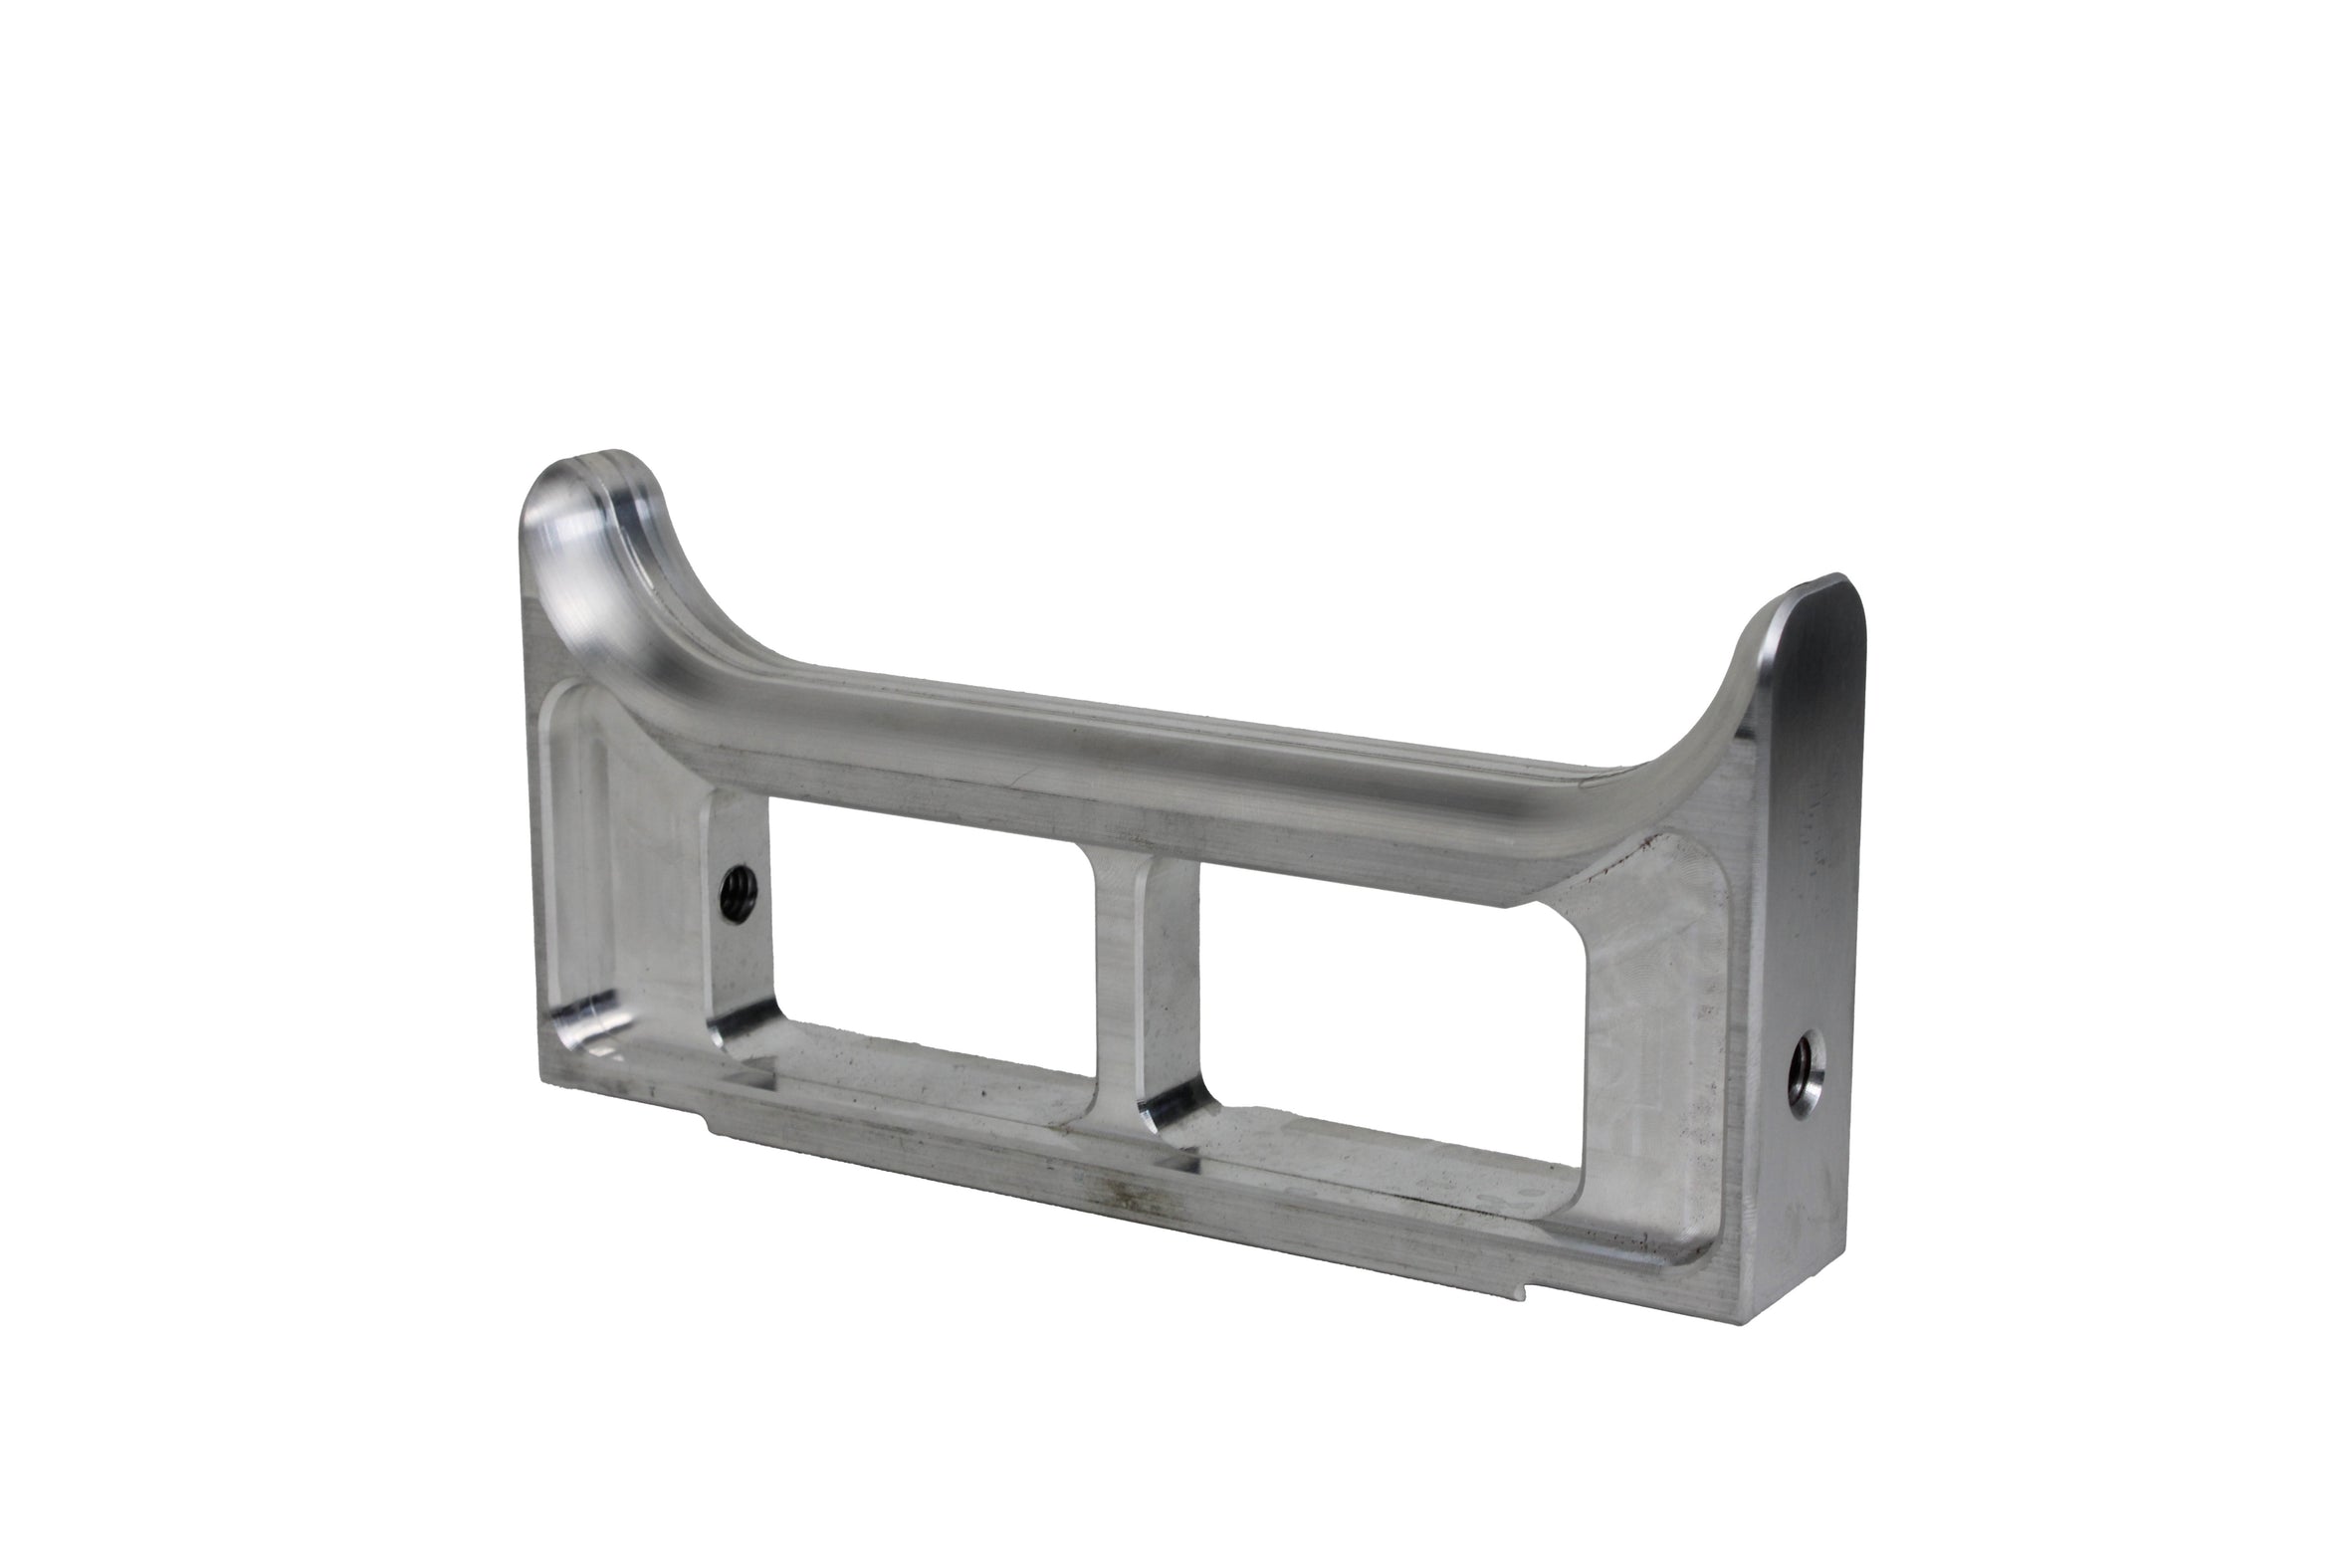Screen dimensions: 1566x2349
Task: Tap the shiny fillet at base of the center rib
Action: coord(1168,1109)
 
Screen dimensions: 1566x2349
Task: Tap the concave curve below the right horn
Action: coord(1717,729)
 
